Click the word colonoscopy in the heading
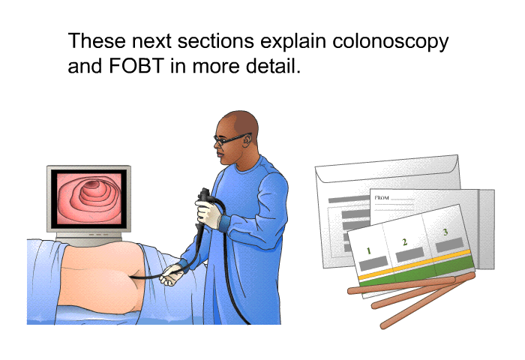[391, 42]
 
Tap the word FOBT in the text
[136, 66]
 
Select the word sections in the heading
[216, 41]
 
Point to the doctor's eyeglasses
[232, 138]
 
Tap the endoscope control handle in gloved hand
[203, 197]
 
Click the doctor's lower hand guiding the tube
[172, 274]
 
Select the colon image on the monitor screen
[88, 198]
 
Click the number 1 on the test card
[368, 250]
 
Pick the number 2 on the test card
[404, 241]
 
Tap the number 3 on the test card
[445, 232]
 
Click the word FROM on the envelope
[382, 198]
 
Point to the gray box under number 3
[450, 244]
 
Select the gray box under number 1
[373, 263]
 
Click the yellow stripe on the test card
[415, 264]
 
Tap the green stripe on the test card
[417, 271]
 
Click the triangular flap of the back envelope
[388, 169]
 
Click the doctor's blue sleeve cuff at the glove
[225, 222]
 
